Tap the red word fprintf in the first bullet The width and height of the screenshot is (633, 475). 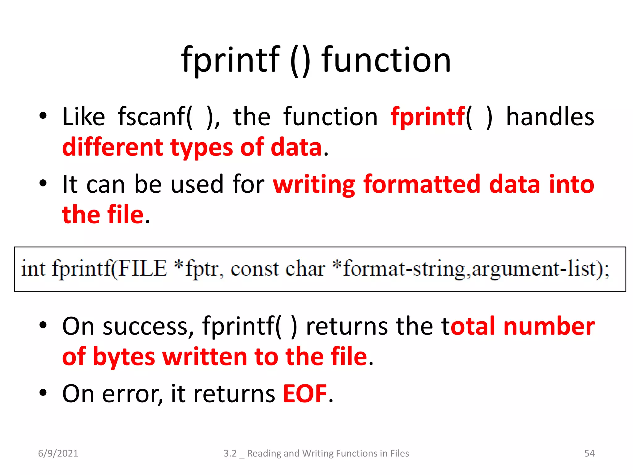tap(428, 117)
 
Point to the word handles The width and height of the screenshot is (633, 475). tap(550, 117)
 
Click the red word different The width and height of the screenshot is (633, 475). tap(113, 147)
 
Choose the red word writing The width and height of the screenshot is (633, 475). tap(314, 185)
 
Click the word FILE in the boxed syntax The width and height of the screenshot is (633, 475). tap(143, 268)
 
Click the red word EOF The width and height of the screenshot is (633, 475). tap(305, 394)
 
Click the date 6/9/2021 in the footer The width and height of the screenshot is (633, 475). tap(58, 453)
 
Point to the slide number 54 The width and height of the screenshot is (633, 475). tap(589, 453)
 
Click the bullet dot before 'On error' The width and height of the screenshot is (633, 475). tap(43, 393)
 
